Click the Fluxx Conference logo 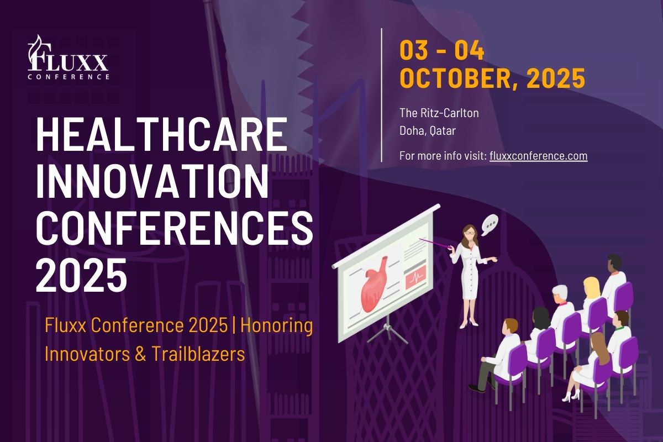pos(69,57)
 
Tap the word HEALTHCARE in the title pos(162,134)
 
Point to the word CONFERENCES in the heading pos(175,228)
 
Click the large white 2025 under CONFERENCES pos(81,275)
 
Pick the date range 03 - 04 pos(442,50)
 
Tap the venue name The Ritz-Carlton pos(439,113)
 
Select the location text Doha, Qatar pos(428,130)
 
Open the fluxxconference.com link pos(538,156)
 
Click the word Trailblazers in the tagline pos(198,354)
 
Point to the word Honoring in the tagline pos(277,326)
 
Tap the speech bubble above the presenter pos(490,225)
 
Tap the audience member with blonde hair pos(591,288)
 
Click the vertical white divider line pos(382,95)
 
